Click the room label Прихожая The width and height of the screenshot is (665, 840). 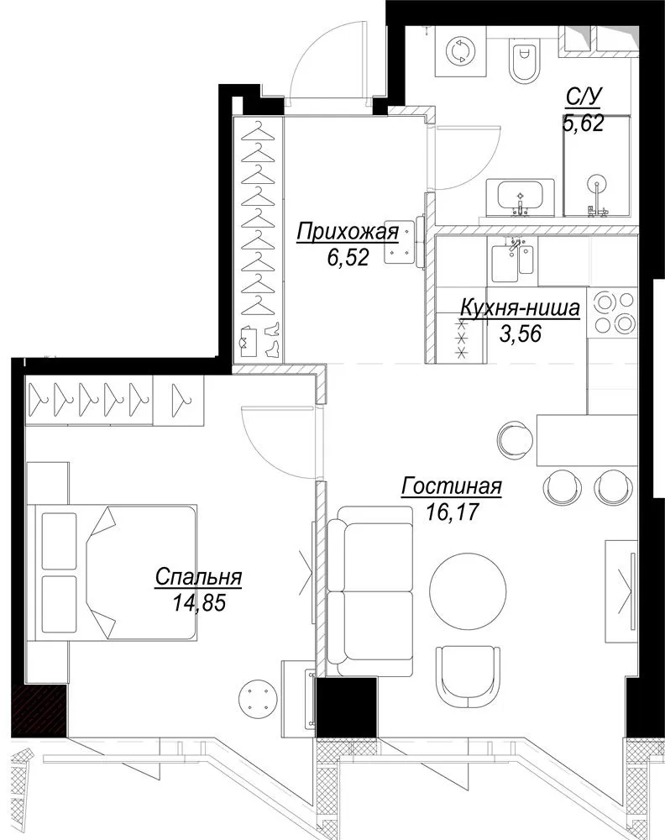point(348,233)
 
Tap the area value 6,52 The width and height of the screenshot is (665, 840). point(348,258)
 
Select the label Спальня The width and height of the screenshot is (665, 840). point(198,578)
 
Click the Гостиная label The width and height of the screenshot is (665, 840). point(452,486)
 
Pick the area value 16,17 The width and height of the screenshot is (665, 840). point(453,512)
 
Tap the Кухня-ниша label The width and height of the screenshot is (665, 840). point(520,308)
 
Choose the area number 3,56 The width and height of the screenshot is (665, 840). point(521,333)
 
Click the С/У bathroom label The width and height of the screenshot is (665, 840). point(584,98)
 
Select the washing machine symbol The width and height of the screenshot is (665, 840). point(459,51)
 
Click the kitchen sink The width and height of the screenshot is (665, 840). point(513,260)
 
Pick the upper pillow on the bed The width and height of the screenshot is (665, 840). point(59,540)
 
